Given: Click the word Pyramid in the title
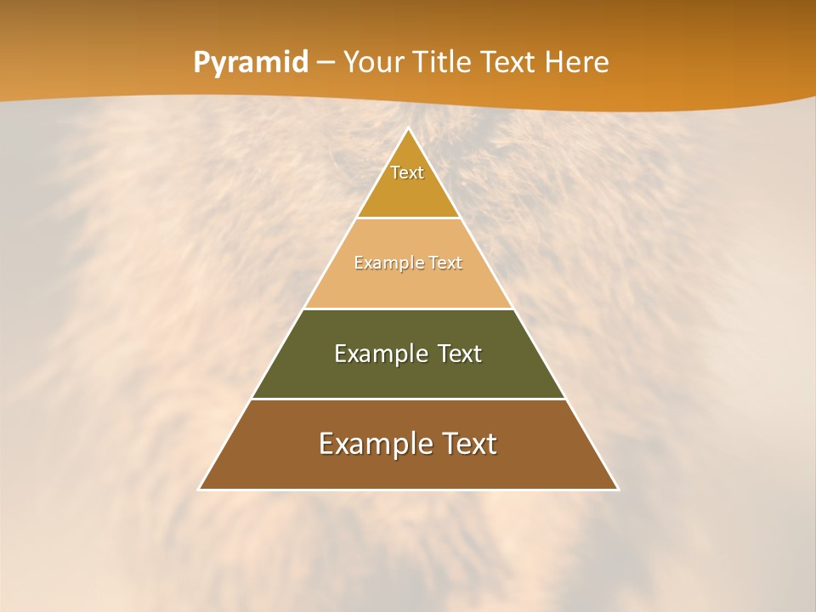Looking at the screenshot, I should point(250,63).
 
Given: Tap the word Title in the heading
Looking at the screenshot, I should point(444,63).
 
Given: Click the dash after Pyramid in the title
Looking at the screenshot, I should point(326,63).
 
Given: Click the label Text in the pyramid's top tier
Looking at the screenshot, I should point(407,173).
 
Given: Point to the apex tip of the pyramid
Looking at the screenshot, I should point(408,129).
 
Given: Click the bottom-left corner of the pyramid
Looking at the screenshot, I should point(201,489).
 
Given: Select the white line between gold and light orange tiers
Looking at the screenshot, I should point(408,218).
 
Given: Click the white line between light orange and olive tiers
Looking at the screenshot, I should point(408,309).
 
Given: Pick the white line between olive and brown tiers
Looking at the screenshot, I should point(408,399).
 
